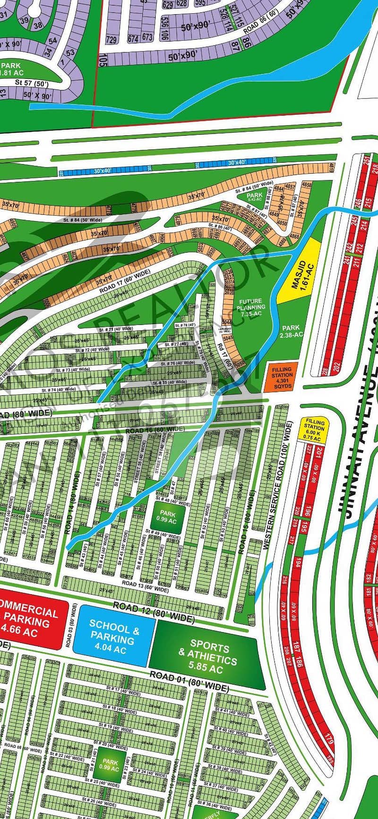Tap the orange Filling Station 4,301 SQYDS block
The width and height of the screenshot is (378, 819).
pyautogui.click(x=282, y=377)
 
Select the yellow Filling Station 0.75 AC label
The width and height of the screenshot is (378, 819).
pyautogui.click(x=314, y=430)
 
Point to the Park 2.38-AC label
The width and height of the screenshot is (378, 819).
pyautogui.click(x=292, y=331)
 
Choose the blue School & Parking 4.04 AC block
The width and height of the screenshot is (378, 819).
pyautogui.click(x=115, y=635)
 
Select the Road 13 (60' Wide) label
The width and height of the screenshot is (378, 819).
pyautogui.click(x=145, y=587)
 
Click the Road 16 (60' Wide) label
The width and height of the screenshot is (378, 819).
pyautogui.click(x=155, y=430)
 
